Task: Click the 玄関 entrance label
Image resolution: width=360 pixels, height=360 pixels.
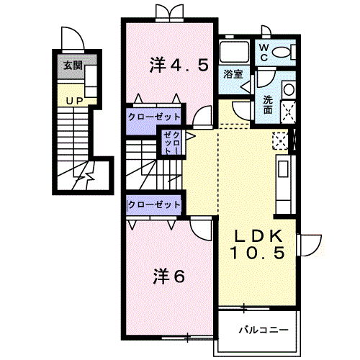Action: pos(73,66)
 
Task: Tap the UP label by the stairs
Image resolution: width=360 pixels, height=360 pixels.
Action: pos(75,101)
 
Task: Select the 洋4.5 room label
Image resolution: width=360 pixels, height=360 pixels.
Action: pos(179,65)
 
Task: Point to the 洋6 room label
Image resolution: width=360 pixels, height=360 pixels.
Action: pos(169,276)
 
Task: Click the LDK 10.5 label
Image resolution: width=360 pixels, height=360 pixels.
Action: pos(258,244)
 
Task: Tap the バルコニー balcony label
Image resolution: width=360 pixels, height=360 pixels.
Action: pos(264,330)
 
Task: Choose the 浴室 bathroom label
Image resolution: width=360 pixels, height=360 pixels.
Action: pos(233,74)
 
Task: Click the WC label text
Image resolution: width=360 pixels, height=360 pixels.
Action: pos(264,53)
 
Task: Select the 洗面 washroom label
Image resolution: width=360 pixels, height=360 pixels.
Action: pos(268,105)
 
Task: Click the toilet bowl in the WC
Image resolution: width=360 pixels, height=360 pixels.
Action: pos(282,52)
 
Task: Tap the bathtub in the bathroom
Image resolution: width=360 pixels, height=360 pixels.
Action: pos(234,52)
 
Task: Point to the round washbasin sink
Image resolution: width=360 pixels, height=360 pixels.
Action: pos(289,90)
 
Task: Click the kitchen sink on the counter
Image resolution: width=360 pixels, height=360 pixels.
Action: pos(284,169)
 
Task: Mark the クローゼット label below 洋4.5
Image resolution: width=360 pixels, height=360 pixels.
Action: pos(154,117)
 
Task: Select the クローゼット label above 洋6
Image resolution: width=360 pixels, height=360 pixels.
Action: pos(154,204)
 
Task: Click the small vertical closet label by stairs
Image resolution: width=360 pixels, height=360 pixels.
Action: pos(171,143)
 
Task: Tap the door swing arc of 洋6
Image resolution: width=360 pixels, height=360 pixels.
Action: pos(197,235)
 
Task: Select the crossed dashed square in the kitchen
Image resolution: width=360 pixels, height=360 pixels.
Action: pos(280,141)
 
